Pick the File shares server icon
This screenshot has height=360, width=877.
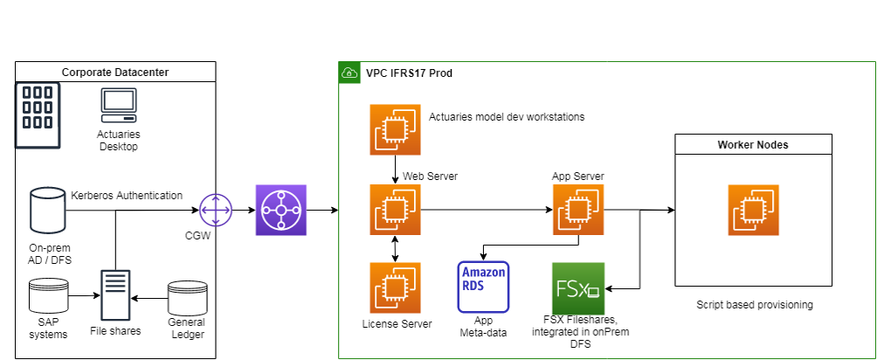[115, 295]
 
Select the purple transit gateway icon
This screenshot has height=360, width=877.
[281, 210]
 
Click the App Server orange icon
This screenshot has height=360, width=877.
[577, 210]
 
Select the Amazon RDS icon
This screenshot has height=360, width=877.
[483, 286]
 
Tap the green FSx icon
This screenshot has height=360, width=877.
[577, 287]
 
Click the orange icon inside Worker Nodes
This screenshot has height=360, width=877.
[753, 210]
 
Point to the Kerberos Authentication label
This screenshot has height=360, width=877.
[127, 195]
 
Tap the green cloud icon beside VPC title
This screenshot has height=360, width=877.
[349, 73]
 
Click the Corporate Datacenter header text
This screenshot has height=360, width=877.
[115, 72]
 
